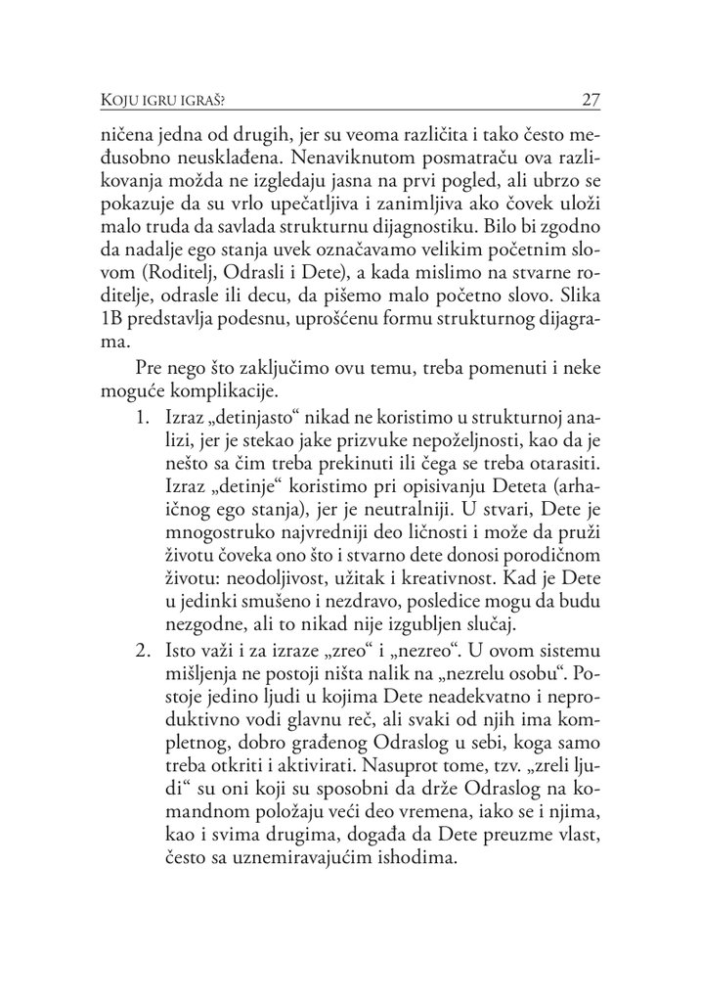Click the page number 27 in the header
[x=591, y=99]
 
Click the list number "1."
[x=146, y=391]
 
